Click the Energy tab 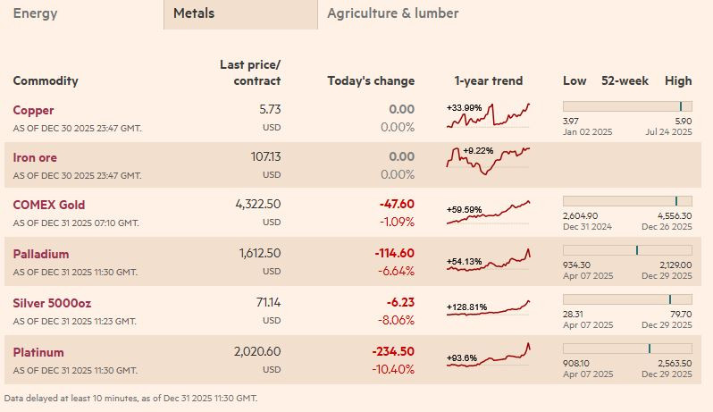click(x=35, y=13)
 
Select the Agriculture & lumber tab click(x=392, y=13)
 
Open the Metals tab click(x=194, y=13)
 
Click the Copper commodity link click(x=33, y=110)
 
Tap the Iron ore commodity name click(x=36, y=156)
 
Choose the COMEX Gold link click(x=48, y=205)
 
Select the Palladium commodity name click(x=40, y=254)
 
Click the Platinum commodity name click(x=38, y=352)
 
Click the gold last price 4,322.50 click(x=258, y=204)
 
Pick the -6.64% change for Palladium click(x=397, y=272)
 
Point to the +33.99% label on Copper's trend click(x=464, y=108)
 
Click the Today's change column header click(x=371, y=80)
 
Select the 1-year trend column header click(x=489, y=80)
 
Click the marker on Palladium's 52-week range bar click(x=636, y=250)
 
